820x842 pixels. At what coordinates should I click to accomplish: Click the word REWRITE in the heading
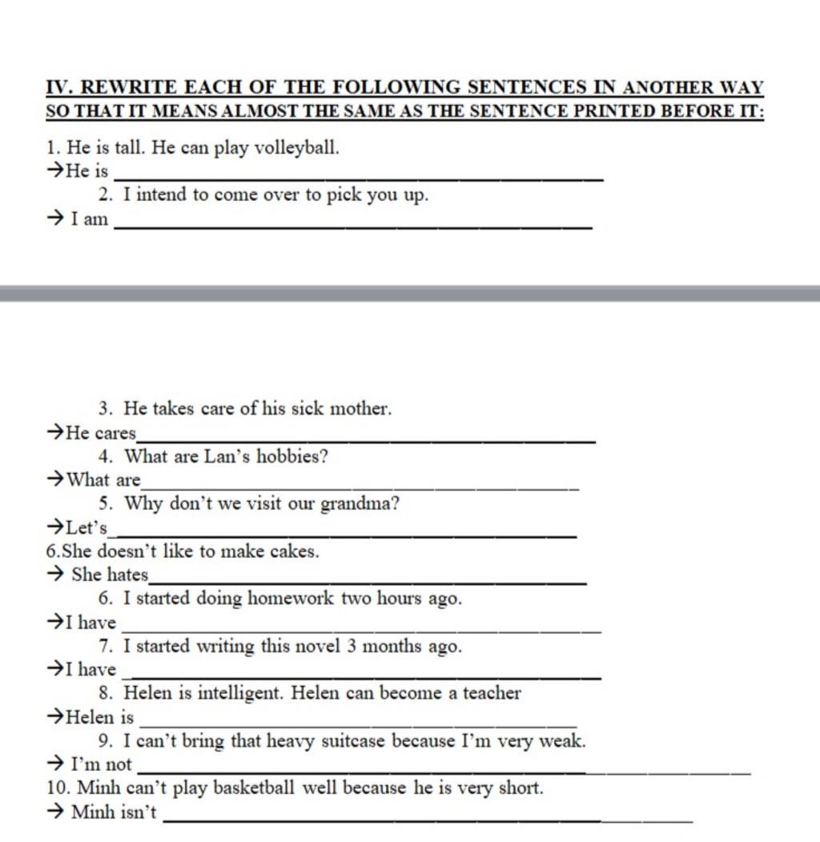pos(128,86)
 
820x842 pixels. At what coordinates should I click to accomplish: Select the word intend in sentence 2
pos(164,194)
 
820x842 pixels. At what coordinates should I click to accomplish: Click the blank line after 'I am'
pos(353,227)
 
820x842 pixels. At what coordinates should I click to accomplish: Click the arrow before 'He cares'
pos(56,433)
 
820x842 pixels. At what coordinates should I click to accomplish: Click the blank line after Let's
pos(345,535)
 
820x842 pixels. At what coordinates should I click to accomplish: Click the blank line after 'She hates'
pos(368,582)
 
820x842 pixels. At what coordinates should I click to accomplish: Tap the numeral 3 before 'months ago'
pos(352,646)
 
